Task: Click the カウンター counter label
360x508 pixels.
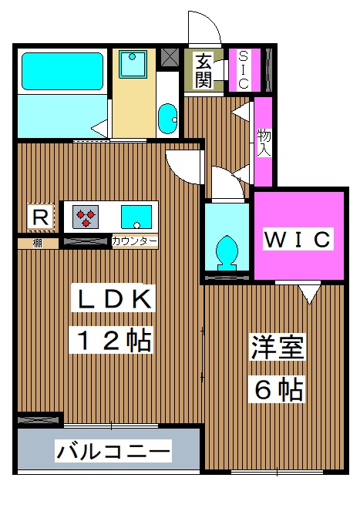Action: click(135, 242)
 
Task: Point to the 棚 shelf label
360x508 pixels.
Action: click(37, 243)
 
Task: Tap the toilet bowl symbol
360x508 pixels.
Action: click(227, 250)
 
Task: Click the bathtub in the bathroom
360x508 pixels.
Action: click(62, 71)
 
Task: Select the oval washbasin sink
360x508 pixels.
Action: click(167, 118)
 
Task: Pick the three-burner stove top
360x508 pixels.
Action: click(86, 216)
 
